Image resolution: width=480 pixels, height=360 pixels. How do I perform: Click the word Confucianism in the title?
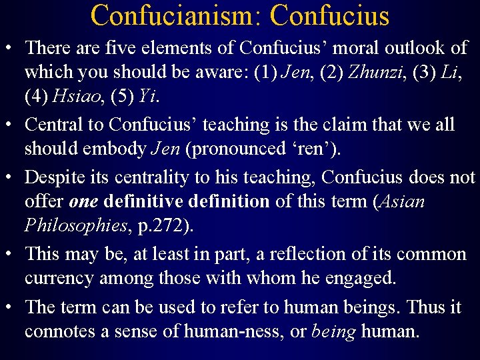171,15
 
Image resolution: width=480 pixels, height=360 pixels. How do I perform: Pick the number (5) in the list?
122,96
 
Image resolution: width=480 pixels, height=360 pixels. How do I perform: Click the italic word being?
333,331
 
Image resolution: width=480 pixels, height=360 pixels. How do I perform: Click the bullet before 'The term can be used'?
11,307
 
